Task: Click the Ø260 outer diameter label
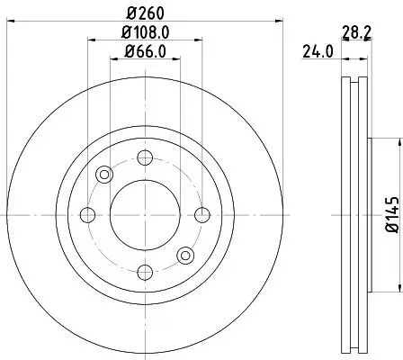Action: (x=144, y=13)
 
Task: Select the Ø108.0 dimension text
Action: (x=144, y=33)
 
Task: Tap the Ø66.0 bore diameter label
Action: (x=144, y=53)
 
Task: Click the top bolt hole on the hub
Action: (x=145, y=158)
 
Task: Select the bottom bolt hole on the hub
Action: (x=145, y=271)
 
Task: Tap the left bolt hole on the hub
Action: (x=88, y=214)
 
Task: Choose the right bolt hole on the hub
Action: (x=201, y=214)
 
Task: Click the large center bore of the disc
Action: (x=145, y=214)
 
